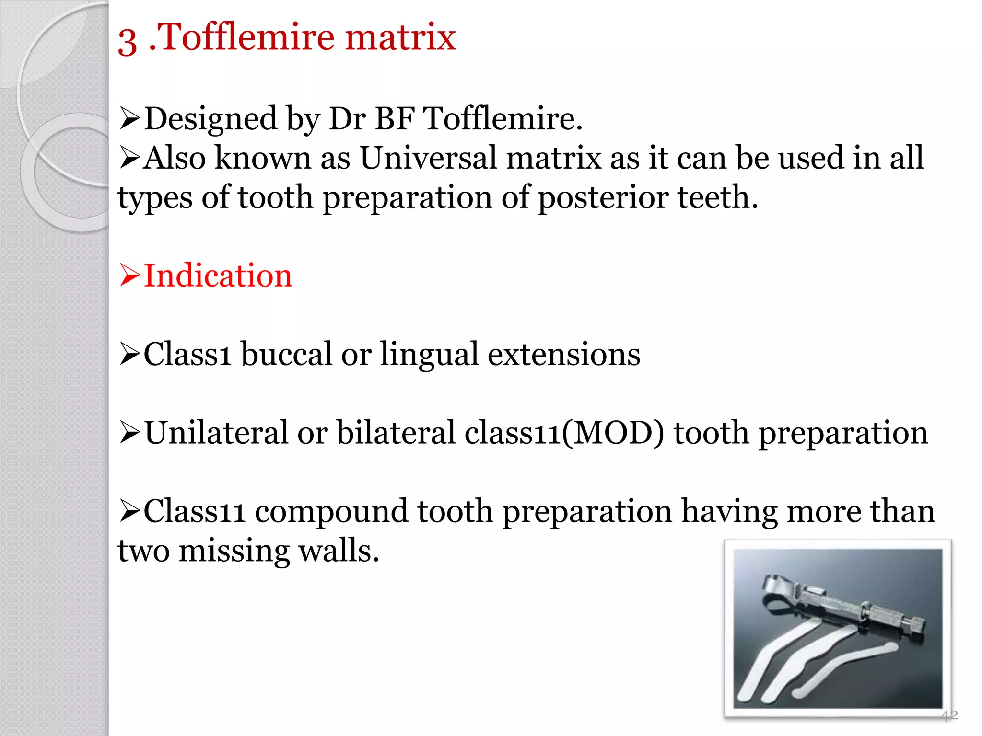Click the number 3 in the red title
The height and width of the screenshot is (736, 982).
click(127, 41)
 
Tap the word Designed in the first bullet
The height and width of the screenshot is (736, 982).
click(210, 119)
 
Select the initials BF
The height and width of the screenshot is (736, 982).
click(394, 118)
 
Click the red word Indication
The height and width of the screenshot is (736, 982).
click(218, 276)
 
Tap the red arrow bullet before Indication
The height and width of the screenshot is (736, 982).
click(129, 276)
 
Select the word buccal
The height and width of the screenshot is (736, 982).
click(286, 354)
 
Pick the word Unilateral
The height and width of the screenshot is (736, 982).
click(216, 433)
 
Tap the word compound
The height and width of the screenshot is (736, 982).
click(331, 511)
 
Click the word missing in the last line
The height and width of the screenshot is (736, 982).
click(234, 551)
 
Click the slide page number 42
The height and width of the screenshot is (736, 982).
click(949, 716)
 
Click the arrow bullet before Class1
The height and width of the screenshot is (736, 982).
click(129, 355)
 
